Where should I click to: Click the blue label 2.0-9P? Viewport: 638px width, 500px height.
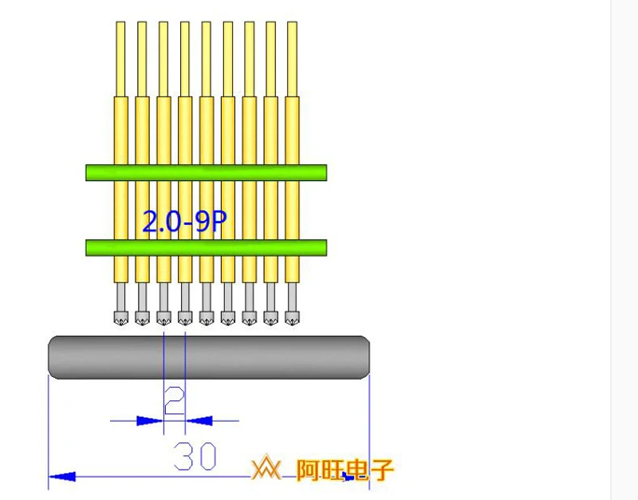(x=183, y=222)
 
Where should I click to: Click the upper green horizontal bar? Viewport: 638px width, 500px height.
(x=206, y=172)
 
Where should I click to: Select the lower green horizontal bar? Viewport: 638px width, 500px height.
(x=206, y=247)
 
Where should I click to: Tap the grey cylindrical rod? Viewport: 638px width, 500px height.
(x=209, y=357)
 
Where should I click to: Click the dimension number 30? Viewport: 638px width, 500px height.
(x=195, y=456)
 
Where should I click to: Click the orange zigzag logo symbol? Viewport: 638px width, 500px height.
(x=266, y=470)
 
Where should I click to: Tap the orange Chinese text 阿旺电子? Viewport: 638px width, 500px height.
(x=345, y=470)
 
